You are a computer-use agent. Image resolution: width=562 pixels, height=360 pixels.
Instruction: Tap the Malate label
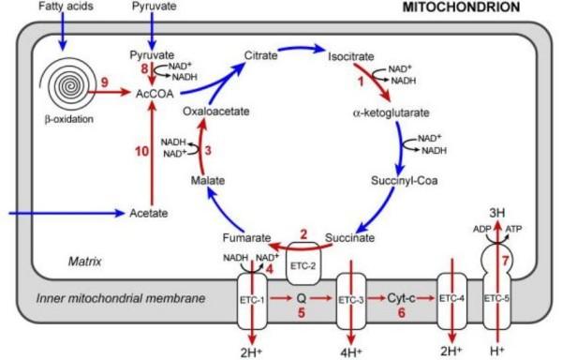coord(207,179)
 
